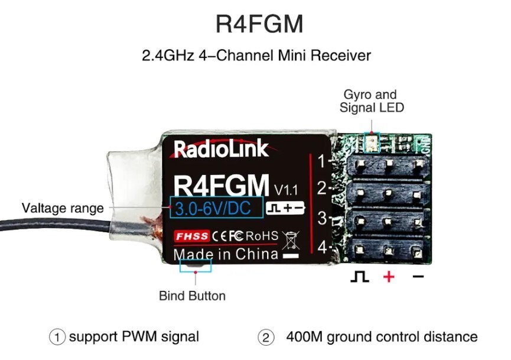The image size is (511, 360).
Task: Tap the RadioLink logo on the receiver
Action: point(221,149)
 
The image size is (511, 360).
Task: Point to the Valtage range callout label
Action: point(63,208)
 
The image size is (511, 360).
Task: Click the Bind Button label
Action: point(192,295)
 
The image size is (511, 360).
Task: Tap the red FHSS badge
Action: point(192,236)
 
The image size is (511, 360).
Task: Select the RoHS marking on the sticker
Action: point(262,236)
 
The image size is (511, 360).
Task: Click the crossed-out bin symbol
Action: point(290,241)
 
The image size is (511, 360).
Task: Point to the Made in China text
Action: point(226,254)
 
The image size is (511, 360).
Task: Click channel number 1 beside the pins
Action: point(322,161)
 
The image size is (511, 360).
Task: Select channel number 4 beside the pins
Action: point(322,247)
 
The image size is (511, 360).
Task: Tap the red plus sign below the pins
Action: point(389,276)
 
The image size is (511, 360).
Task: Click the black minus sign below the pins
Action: point(418,276)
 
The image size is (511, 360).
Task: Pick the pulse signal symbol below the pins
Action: point(360,276)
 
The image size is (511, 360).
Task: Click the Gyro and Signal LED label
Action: point(371,101)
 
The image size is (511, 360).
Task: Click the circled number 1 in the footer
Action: point(57,337)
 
